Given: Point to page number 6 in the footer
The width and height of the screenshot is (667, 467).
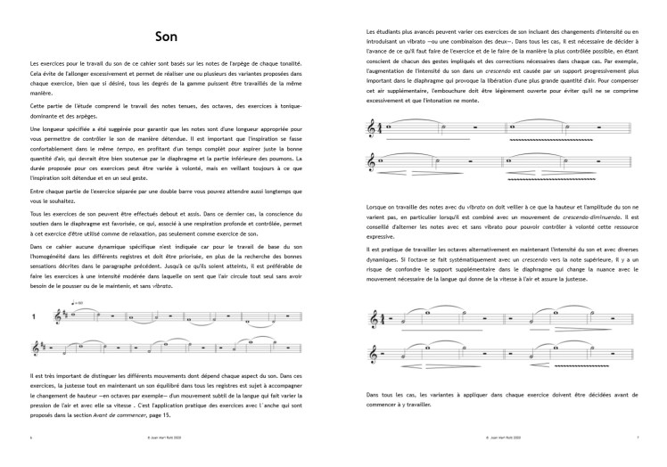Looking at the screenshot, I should point(30,438).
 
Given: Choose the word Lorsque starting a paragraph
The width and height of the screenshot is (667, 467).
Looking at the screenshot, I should point(378,206).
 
